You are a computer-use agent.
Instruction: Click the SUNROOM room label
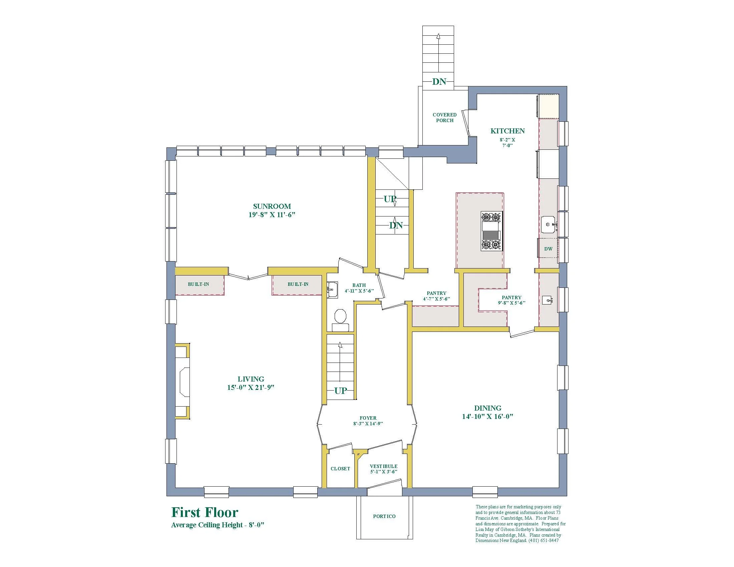[272, 206]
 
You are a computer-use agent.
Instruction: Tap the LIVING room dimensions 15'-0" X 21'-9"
[251, 387]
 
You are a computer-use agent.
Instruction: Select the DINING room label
[488, 408]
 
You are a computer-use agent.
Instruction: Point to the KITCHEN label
[507, 131]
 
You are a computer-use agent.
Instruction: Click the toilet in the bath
[340, 321]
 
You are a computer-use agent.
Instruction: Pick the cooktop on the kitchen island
[492, 231]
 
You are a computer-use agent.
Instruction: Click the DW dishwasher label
[548, 249]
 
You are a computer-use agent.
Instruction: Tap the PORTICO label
[384, 516]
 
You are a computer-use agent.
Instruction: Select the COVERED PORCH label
[445, 117]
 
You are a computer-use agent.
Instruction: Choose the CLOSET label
[340, 469]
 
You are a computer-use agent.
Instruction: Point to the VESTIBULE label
[383, 466]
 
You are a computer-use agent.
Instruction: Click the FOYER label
[368, 418]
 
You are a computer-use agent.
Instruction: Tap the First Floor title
[205, 512]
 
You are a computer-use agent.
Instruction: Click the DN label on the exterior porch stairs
[439, 82]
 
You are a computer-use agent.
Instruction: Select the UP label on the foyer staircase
[340, 391]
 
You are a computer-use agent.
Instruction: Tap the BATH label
[359, 285]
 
